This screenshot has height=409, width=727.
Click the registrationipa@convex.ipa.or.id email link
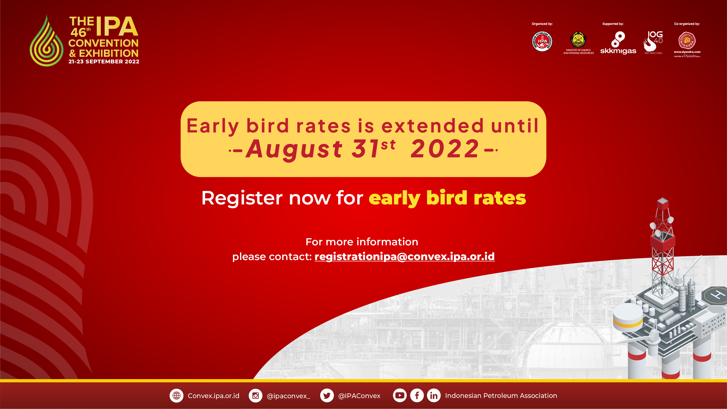click(x=404, y=257)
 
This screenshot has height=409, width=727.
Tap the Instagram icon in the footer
click(x=255, y=396)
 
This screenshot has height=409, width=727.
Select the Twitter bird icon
click(x=327, y=396)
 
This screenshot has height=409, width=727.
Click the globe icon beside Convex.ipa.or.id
click(x=176, y=396)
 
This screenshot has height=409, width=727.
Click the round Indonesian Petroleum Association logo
click(x=542, y=41)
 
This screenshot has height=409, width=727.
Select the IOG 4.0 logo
click(x=653, y=42)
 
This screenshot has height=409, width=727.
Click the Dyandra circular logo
click(x=687, y=41)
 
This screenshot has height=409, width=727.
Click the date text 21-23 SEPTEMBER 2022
click(x=104, y=62)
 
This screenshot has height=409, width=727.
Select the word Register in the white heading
click(x=242, y=198)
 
